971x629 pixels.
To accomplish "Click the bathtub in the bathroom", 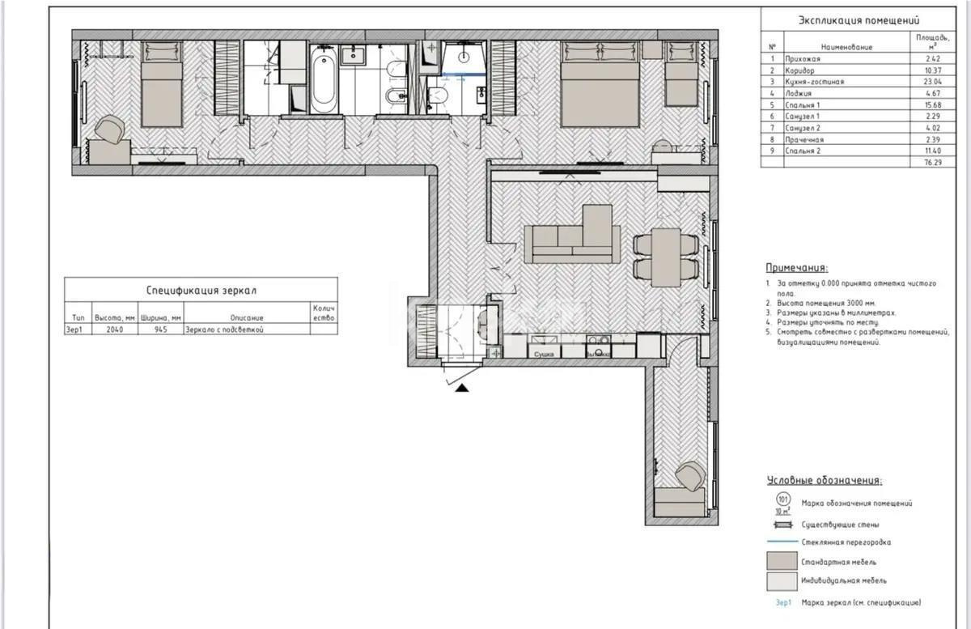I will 323,79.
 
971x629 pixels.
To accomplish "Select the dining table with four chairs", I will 666,257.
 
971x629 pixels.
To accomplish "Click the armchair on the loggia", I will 689,476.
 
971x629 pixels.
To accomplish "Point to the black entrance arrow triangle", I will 461,389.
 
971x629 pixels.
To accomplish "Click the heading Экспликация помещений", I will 859,21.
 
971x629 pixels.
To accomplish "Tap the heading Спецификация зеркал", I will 201,289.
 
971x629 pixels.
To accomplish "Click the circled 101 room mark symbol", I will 782,500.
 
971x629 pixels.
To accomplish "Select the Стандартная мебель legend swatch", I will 782,561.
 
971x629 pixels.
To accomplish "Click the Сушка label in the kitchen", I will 544,354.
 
